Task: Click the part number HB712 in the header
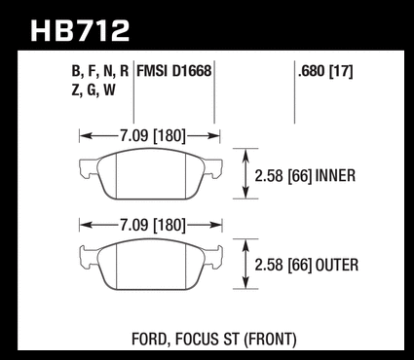pyautogui.click(x=80, y=31)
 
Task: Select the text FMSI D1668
pyautogui.click(x=174, y=71)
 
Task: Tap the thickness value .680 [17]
pyautogui.click(x=325, y=71)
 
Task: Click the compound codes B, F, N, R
pyautogui.click(x=100, y=72)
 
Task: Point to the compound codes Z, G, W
pyautogui.click(x=94, y=90)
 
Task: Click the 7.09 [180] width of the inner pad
pyautogui.click(x=153, y=135)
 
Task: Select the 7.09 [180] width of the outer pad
pyautogui.click(x=153, y=225)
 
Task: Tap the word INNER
pyautogui.click(x=335, y=176)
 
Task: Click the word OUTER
pyautogui.click(x=337, y=265)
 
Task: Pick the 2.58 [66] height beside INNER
pyautogui.click(x=283, y=176)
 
